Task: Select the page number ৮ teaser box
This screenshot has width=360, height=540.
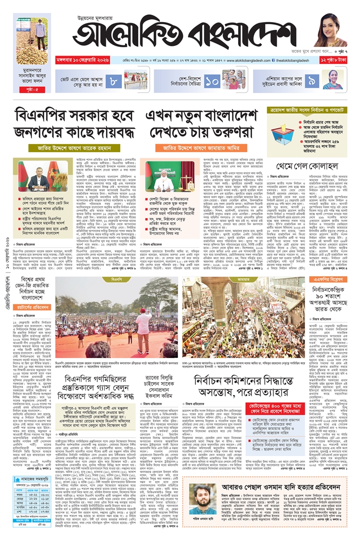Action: (x=115, y=80)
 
